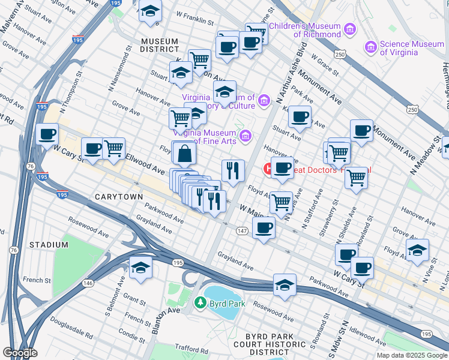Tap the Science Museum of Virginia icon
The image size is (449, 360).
click(371, 47)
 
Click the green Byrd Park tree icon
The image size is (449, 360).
click(200, 304)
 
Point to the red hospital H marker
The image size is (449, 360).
click(268, 170)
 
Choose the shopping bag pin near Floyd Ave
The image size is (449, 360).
click(184, 155)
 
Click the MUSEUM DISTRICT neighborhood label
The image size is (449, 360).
click(160, 45)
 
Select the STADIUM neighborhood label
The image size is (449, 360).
click(48, 245)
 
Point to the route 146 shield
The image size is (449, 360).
click(88, 283)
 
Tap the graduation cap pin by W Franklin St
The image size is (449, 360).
click(150, 11)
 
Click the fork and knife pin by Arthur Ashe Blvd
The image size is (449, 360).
click(233, 170)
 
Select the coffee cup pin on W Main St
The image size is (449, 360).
click(263, 228)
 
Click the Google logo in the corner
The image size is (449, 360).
click(20, 353)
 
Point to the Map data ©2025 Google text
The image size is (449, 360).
click(411, 355)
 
